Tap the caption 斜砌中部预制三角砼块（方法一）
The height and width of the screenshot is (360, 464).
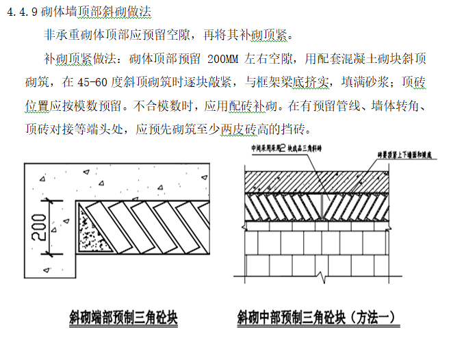(x=316, y=317)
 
